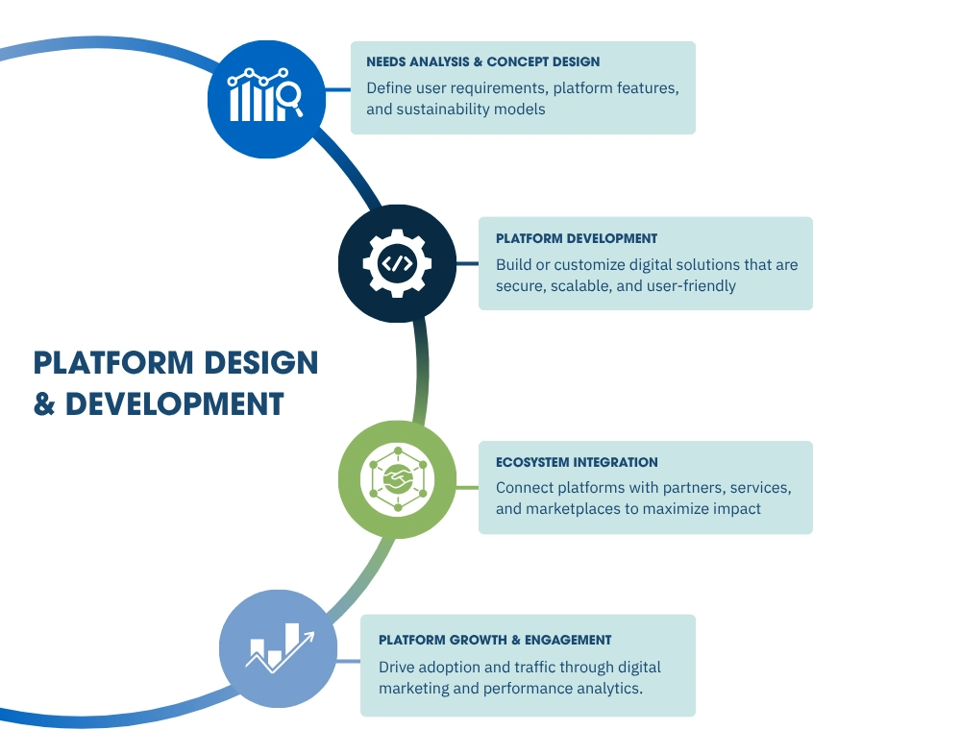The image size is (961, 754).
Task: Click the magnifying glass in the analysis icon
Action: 287,96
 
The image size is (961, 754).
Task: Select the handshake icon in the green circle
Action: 397,477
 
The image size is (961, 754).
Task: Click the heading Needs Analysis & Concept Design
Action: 482,61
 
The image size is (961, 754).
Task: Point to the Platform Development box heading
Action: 577,238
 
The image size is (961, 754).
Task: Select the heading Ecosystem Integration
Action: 577,462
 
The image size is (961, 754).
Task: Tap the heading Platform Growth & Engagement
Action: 495,640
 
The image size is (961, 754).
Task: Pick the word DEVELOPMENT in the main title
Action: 175,403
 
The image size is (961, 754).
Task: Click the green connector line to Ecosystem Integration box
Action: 467,487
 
